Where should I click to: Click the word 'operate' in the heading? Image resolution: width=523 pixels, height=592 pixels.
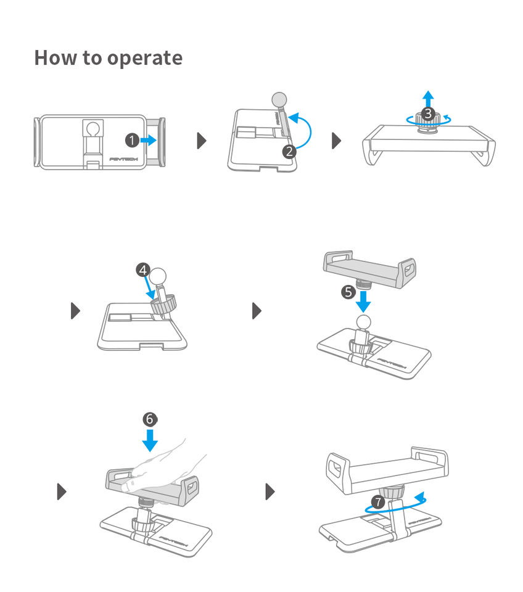[144, 59]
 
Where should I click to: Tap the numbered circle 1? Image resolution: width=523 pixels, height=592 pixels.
[131, 141]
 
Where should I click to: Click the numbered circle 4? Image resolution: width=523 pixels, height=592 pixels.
[142, 270]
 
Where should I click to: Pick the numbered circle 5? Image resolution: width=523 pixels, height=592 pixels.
[348, 292]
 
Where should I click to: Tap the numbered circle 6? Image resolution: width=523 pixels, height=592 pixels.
[149, 419]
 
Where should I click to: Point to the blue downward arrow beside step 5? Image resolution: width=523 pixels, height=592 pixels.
[364, 301]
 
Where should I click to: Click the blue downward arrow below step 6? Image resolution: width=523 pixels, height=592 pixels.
[149, 440]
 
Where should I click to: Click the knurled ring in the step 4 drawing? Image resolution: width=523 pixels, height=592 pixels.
[165, 303]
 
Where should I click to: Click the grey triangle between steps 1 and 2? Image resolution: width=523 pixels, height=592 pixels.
[201, 141]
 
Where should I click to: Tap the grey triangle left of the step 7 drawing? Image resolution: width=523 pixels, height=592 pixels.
[270, 491]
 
